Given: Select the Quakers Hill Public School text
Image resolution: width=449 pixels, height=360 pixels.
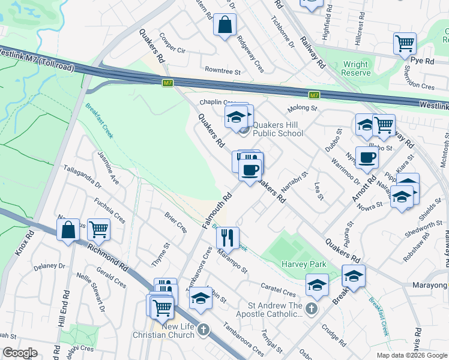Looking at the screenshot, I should [x=277, y=130].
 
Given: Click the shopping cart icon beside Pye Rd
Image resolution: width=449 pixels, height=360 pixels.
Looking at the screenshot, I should [x=405, y=43].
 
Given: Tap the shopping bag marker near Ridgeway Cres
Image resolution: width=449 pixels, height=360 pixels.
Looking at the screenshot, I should [x=224, y=25].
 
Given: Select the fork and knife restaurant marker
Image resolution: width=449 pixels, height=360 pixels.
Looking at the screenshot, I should [x=228, y=238].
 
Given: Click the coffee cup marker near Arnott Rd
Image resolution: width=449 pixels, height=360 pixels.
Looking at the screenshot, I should [x=367, y=158].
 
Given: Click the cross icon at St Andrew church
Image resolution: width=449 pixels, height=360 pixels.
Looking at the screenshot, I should [x=311, y=308].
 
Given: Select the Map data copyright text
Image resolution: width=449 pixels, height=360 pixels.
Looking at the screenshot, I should [x=412, y=355].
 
